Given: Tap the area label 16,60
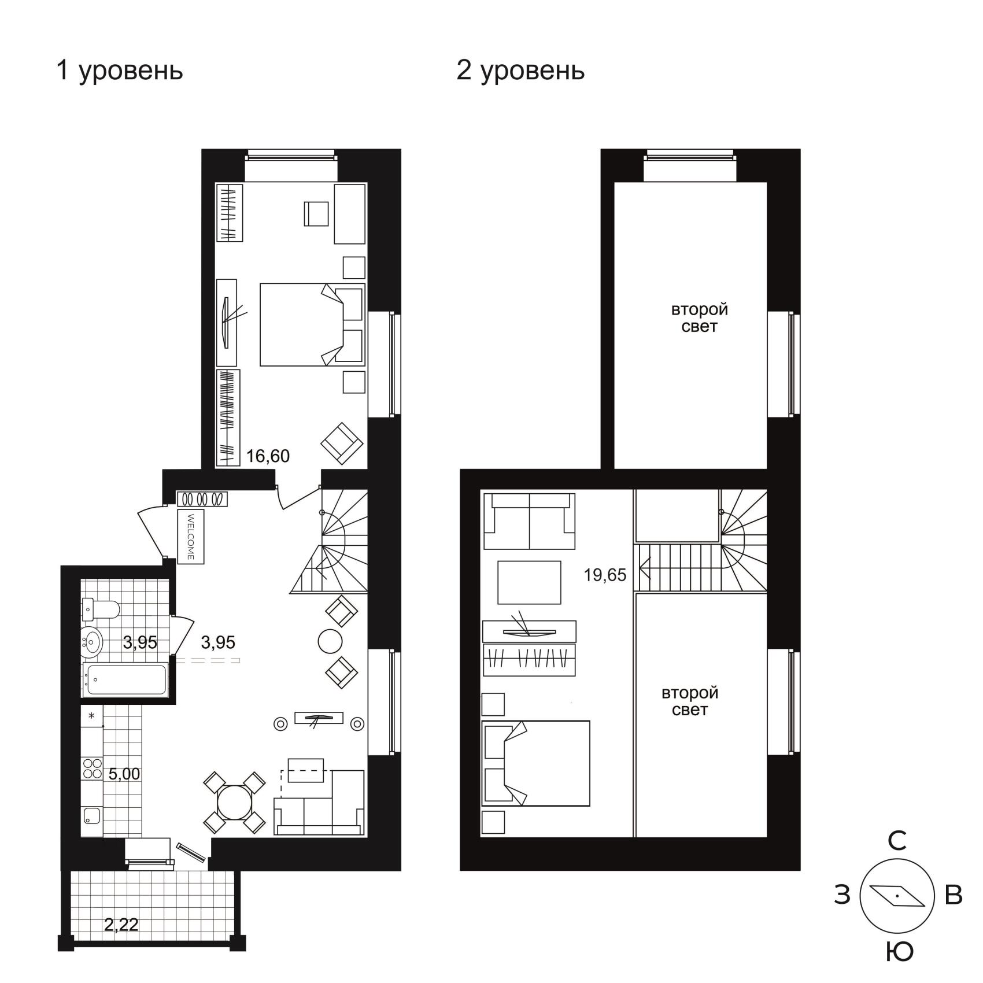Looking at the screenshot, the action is [268, 456].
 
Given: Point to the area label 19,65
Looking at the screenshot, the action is [605, 575].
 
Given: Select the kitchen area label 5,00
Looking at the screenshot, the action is [124, 774].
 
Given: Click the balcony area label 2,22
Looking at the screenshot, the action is [121, 925].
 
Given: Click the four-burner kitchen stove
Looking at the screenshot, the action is [93, 768].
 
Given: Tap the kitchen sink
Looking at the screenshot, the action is [92, 816].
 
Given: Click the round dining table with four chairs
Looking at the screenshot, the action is [234, 802].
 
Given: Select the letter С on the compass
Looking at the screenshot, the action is [897, 841].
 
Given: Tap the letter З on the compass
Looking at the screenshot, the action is [842, 895].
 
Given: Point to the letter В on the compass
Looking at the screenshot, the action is [953, 895].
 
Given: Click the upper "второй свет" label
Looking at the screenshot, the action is [699, 318].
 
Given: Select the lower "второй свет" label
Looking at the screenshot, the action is [690, 701].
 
